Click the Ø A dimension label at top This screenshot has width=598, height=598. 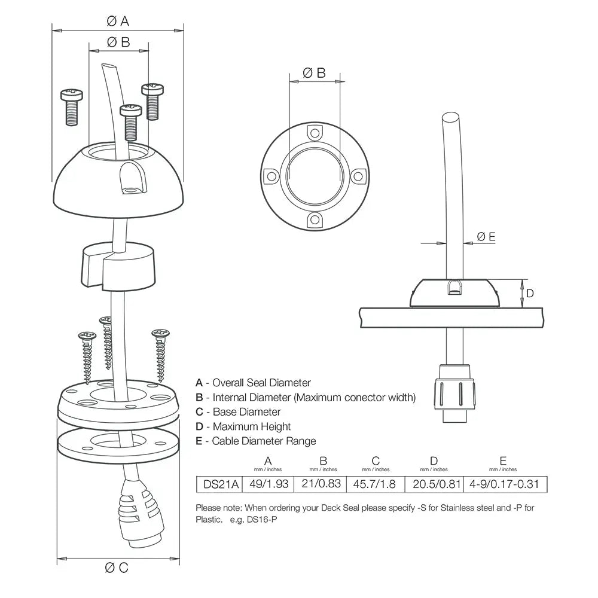[x=117, y=22]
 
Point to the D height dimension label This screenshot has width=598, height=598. [x=529, y=294]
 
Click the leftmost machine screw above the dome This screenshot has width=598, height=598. [x=71, y=106]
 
